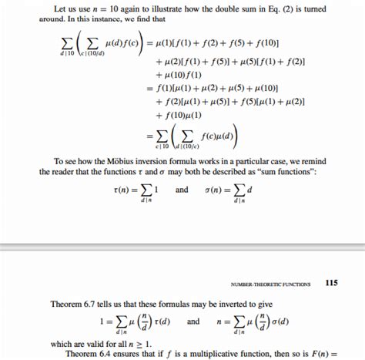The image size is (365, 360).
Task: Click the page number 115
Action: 331,283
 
